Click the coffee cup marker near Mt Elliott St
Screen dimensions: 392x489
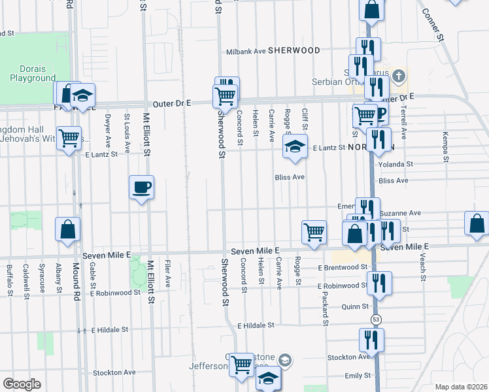[x=141, y=188]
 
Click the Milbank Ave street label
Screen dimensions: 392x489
[x=246, y=51]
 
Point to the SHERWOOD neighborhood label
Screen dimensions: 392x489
[x=294, y=50]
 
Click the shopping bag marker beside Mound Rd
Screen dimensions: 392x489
[x=67, y=230]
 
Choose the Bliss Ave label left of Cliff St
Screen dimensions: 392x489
[x=290, y=177]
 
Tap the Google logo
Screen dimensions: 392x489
[x=22, y=384]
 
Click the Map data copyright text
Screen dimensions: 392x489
[x=461, y=387]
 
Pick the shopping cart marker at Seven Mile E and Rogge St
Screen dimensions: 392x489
[x=314, y=233]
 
